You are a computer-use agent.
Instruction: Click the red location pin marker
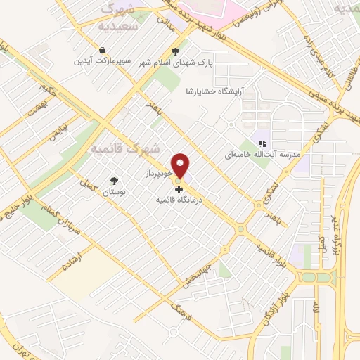click(x=181, y=165)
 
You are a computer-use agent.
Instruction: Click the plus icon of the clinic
click(x=179, y=189)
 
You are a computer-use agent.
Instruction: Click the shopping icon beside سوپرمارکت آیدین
click(x=103, y=50)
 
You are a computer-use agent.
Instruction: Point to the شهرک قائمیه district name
click(x=125, y=149)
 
